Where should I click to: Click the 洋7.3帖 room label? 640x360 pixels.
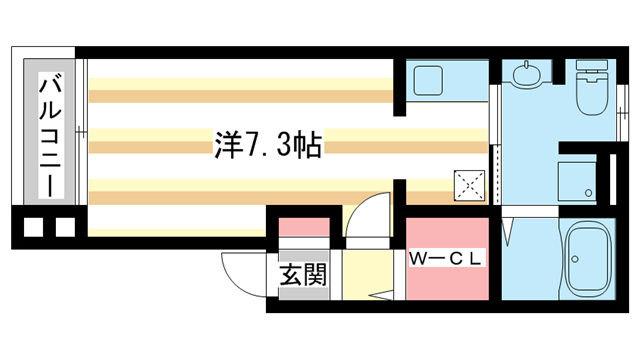point(266,147)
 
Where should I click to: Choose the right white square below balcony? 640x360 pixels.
point(64,227)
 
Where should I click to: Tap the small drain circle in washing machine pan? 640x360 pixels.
point(588,190)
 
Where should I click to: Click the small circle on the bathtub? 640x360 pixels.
point(575,261)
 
